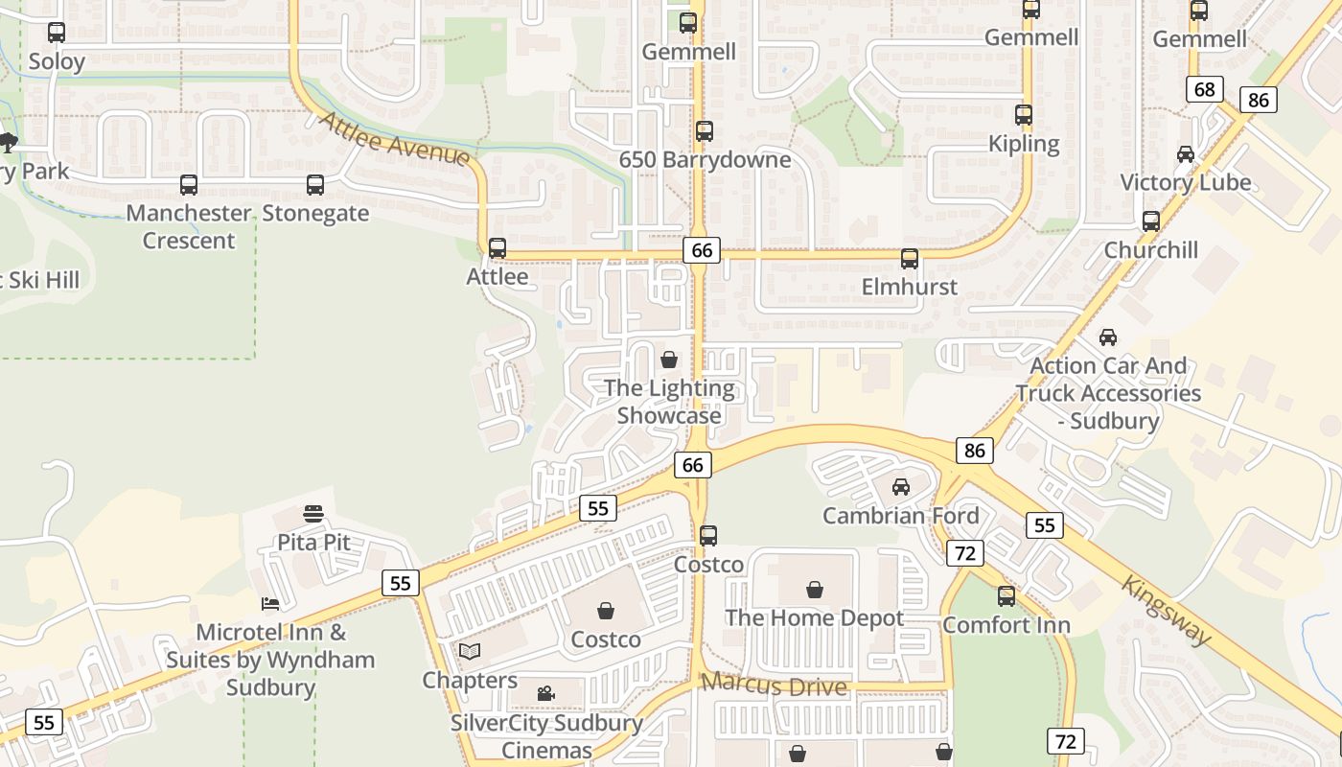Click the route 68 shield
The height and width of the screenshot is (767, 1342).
coord(1205,90)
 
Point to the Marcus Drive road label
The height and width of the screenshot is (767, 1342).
coord(774,686)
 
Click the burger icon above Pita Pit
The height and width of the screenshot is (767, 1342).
coord(313,514)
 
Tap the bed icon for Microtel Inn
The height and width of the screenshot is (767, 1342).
coord(271,603)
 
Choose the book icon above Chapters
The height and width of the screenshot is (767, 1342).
coord(469,652)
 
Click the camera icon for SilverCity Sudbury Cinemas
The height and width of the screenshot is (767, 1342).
coord(545,693)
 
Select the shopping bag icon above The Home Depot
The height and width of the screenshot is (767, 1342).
coord(814,589)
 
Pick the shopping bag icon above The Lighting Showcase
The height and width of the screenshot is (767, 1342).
coord(669,360)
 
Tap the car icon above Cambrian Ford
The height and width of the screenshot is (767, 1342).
coord(901,487)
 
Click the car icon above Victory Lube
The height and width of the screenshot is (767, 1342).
coord(1186,154)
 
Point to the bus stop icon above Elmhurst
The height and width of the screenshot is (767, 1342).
coord(909,259)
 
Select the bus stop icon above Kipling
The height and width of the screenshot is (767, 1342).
coord(1024,115)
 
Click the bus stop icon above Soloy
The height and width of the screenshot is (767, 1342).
coord(57,33)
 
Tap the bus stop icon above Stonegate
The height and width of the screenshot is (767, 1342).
coord(315,185)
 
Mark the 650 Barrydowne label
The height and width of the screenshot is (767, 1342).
coord(705,159)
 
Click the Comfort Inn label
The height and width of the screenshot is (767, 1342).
coord(1006,625)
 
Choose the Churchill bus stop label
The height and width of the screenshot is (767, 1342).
coord(1150,250)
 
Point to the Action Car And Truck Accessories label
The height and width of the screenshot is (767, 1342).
coord(1108,393)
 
